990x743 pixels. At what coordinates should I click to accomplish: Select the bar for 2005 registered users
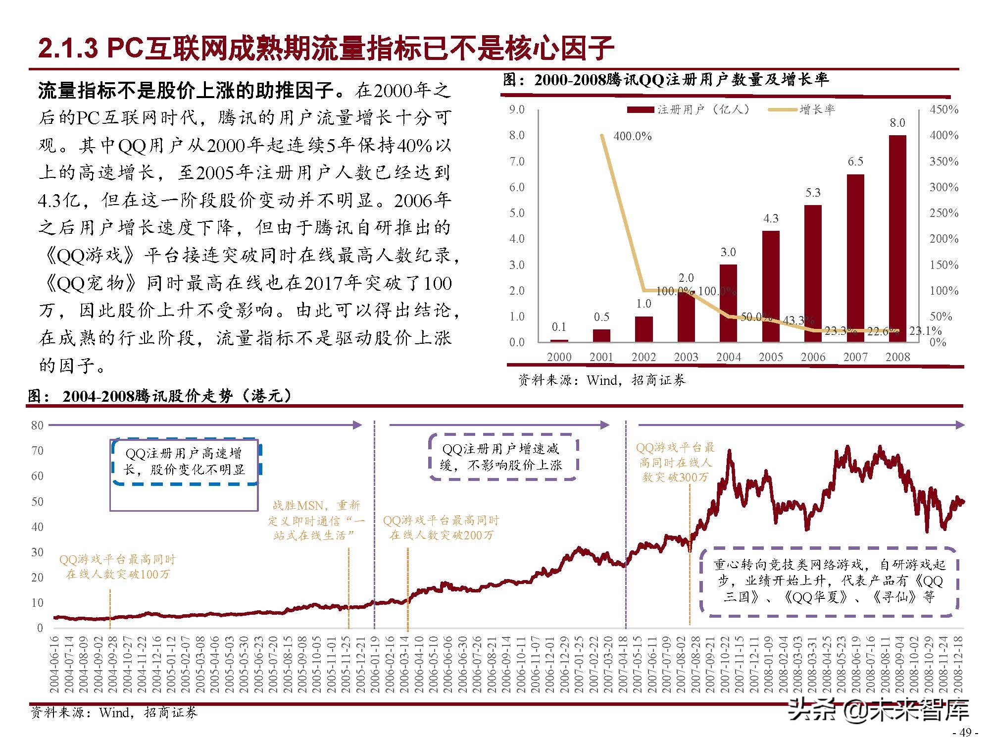(771, 286)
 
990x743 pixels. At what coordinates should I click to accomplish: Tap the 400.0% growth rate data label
(633, 136)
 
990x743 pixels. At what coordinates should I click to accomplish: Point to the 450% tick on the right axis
(943, 109)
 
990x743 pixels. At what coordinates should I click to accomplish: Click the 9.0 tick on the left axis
(517, 109)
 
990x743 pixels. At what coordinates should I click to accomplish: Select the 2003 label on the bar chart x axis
(686, 357)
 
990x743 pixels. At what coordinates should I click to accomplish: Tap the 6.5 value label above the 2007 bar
(855, 161)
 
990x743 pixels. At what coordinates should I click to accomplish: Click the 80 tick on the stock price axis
(37, 425)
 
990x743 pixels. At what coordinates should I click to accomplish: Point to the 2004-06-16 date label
(54, 664)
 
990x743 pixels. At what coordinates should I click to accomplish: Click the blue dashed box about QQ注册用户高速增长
(186, 462)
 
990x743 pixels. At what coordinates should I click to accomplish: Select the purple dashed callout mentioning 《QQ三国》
(829, 582)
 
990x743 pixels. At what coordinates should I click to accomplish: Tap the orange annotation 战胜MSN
(316, 520)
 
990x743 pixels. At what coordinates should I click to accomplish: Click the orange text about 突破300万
(675, 463)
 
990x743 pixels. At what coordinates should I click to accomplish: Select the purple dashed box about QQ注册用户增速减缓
(502, 457)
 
